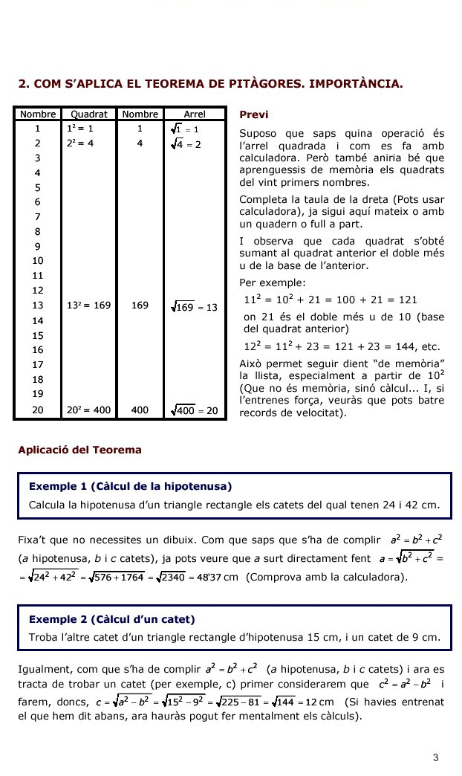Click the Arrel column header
(x=194, y=114)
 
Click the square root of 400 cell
(x=194, y=410)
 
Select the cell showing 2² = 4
(x=79, y=143)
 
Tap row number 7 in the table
(x=37, y=216)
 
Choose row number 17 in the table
(x=38, y=364)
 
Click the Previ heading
(x=253, y=115)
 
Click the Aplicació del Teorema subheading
(x=79, y=450)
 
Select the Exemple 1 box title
(x=130, y=487)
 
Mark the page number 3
(x=436, y=757)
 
